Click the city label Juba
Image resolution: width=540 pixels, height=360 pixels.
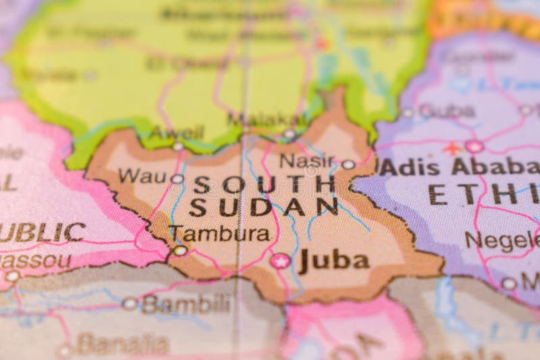coord(334,261)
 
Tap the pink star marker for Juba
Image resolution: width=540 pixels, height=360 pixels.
coord(280,261)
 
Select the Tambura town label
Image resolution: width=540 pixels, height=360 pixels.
coord(219,234)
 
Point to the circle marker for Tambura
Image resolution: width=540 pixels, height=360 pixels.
coord(180,251)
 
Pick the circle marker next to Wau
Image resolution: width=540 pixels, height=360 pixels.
coord(177,179)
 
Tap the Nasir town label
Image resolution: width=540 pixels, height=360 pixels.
coord(307,161)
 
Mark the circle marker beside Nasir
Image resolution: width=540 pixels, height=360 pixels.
coord(348,164)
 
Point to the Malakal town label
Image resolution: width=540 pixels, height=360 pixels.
coord(257,120)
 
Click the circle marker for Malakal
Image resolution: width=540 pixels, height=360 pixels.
coord(289,134)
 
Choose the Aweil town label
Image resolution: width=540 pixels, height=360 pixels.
coord(176,132)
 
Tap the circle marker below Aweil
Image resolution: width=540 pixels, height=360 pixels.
coord(178,146)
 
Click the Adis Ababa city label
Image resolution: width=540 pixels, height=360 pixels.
coord(459,166)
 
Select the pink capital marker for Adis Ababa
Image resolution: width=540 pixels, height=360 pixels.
coord(475,147)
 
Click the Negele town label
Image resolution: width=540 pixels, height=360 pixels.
coord(503,240)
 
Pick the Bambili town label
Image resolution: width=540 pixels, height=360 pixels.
coord(186,304)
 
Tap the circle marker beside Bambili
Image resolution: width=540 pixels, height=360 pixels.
coord(130,304)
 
